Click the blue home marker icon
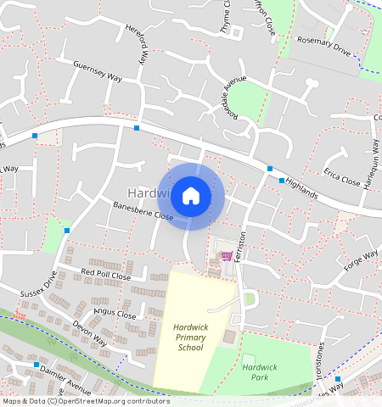(191, 196)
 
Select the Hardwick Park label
(260, 371)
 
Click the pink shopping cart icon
(227, 256)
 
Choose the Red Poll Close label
(105, 275)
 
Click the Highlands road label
(301, 188)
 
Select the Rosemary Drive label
(323, 47)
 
